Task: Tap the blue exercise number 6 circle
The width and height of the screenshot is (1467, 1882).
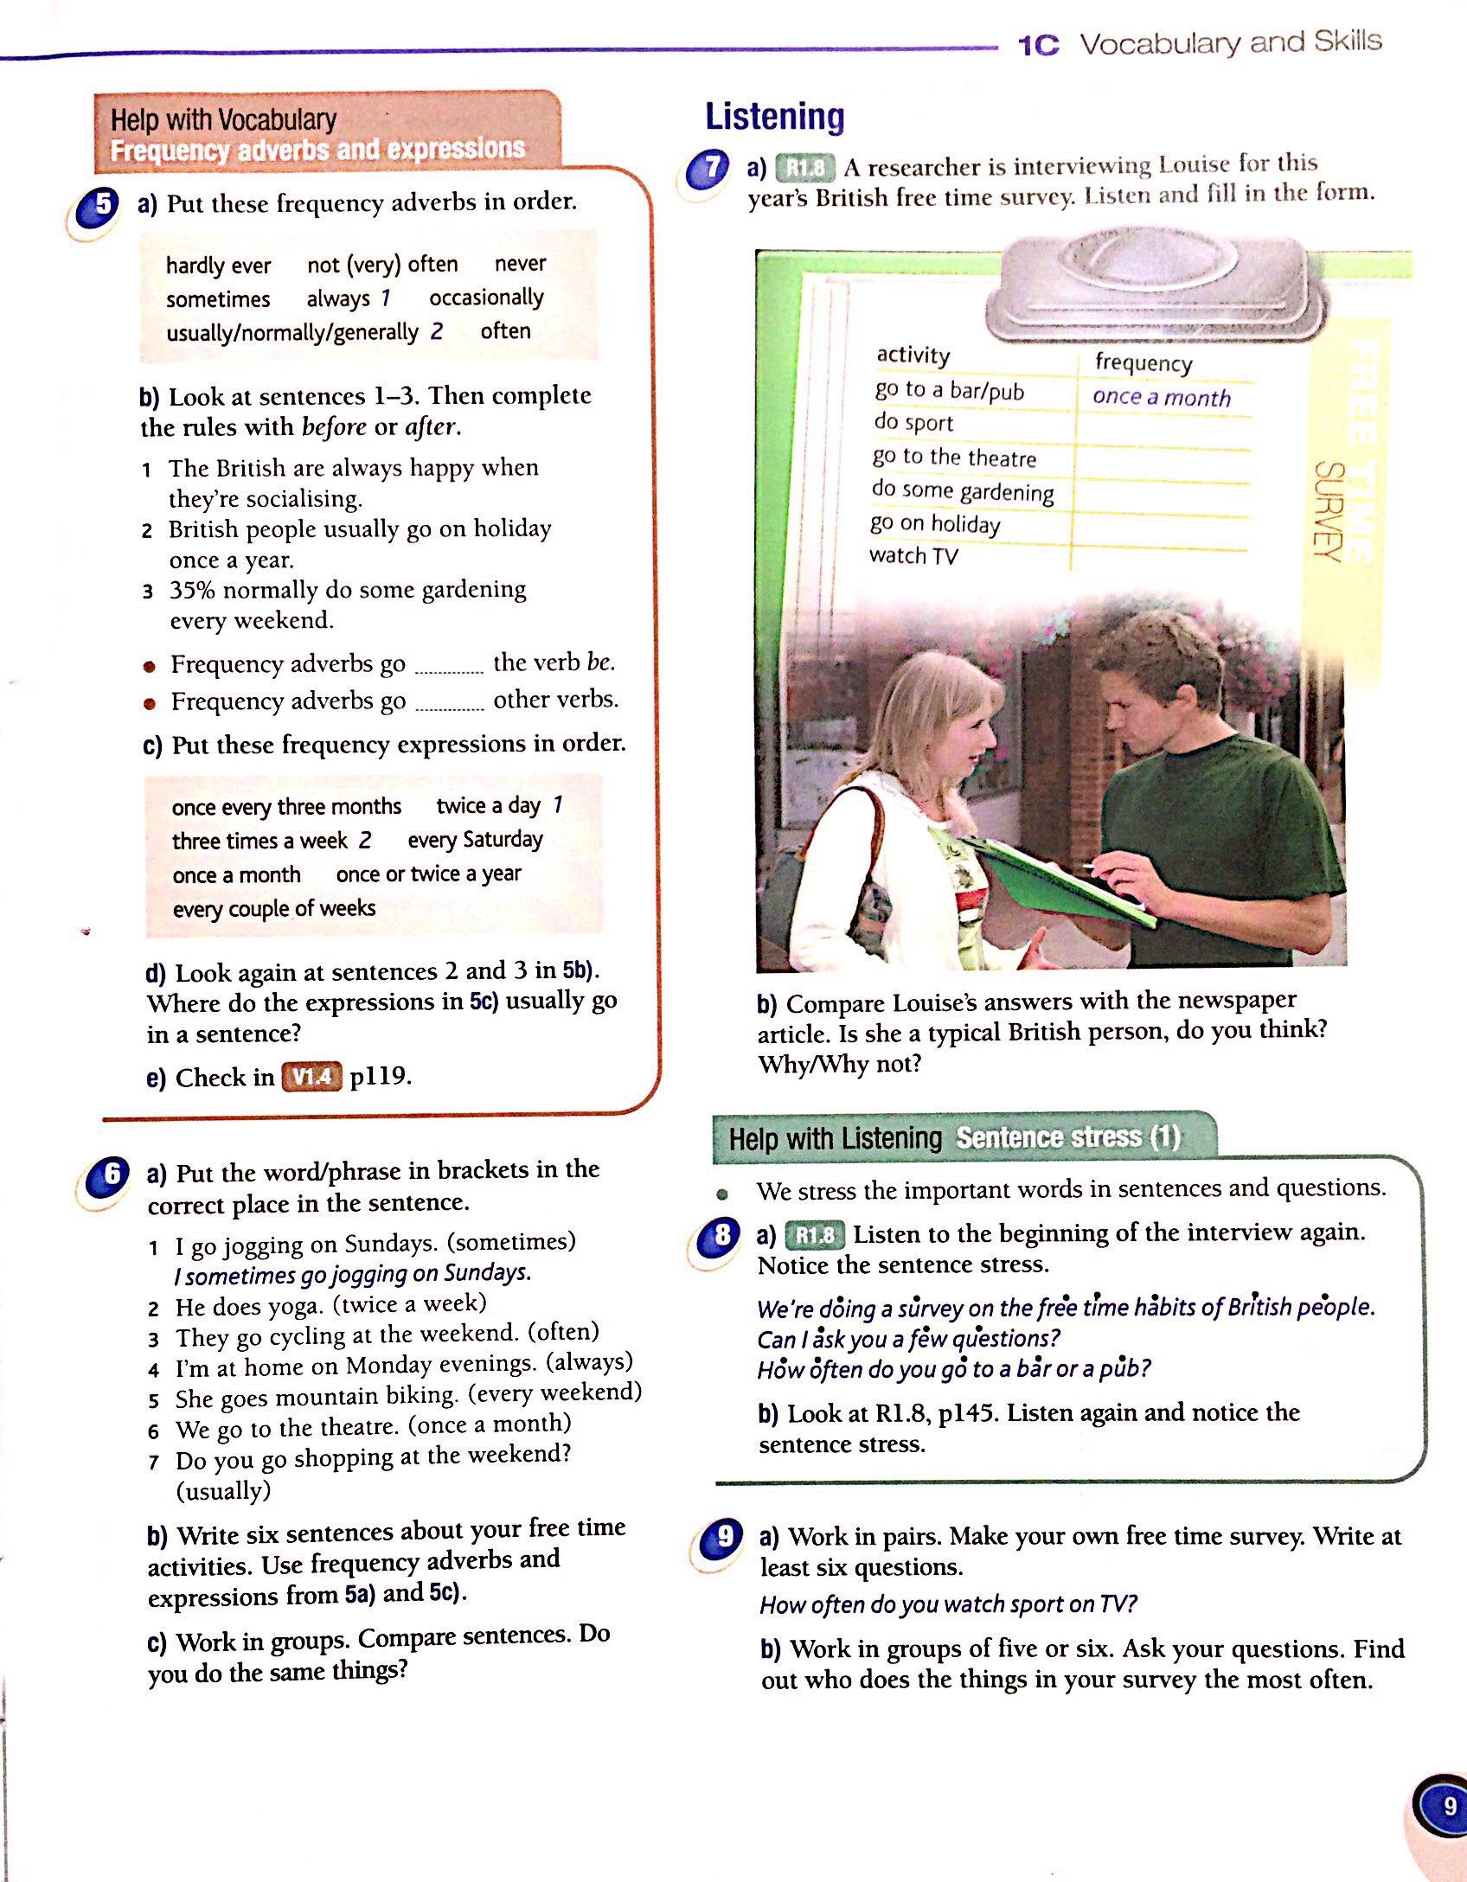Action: tap(111, 1175)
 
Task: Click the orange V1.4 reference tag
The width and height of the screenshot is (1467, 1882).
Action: tap(311, 1077)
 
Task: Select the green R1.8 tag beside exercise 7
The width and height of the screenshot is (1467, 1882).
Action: tap(804, 167)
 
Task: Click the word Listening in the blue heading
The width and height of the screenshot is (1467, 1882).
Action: tap(774, 117)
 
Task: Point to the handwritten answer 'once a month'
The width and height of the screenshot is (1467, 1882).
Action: tap(1161, 397)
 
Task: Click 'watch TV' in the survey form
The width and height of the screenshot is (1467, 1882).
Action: tap(913, 555)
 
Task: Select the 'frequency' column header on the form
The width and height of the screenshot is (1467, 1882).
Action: tap(1143, 362)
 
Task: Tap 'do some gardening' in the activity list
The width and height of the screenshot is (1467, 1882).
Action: tap(963, 490)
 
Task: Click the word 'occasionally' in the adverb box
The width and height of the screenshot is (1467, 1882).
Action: tap(486, 298)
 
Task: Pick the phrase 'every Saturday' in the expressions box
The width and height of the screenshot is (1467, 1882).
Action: tap(475, 840)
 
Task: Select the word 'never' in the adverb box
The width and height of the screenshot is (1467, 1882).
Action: tap(520, 263)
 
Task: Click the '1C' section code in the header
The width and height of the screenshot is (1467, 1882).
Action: tap(1039, 45)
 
